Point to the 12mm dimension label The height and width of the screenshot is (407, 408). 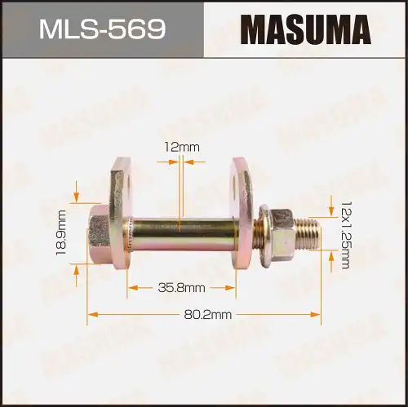[x=180, y=147]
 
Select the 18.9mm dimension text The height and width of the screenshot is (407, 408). [x=60, y=232]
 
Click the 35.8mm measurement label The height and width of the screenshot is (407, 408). [x=181, y=287]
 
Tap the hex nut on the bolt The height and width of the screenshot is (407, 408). [x=280, y=228]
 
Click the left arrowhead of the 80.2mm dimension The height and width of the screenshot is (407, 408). [x=91, y=314]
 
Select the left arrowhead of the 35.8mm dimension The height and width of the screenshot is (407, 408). [x=131, y=287]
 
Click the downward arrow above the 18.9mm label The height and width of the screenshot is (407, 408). [x=76, y=197]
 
